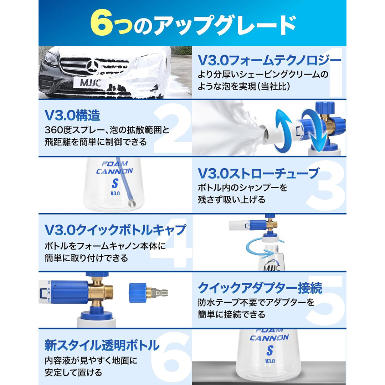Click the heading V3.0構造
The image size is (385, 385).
pyautogui.click(x=72, y=115)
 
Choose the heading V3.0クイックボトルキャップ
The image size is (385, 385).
pyautogui.click(x=115, y=230)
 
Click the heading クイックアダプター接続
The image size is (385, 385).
pyautogui.click(x=260, y=287)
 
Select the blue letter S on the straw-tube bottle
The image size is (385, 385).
pyautogui.click(x=115, y=184)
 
